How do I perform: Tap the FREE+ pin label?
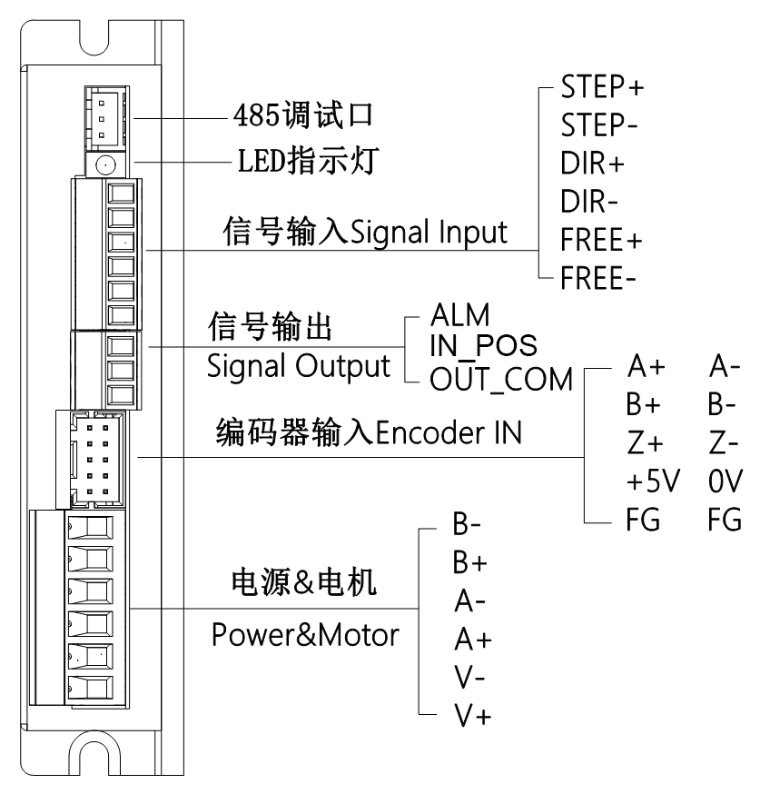(x=602, y=240)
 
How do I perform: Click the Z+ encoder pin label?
(x=646, y=442)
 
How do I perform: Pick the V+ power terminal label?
(x=471, y=715)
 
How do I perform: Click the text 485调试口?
(x=301, y=117)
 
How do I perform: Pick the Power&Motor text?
(x=305, y=634)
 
